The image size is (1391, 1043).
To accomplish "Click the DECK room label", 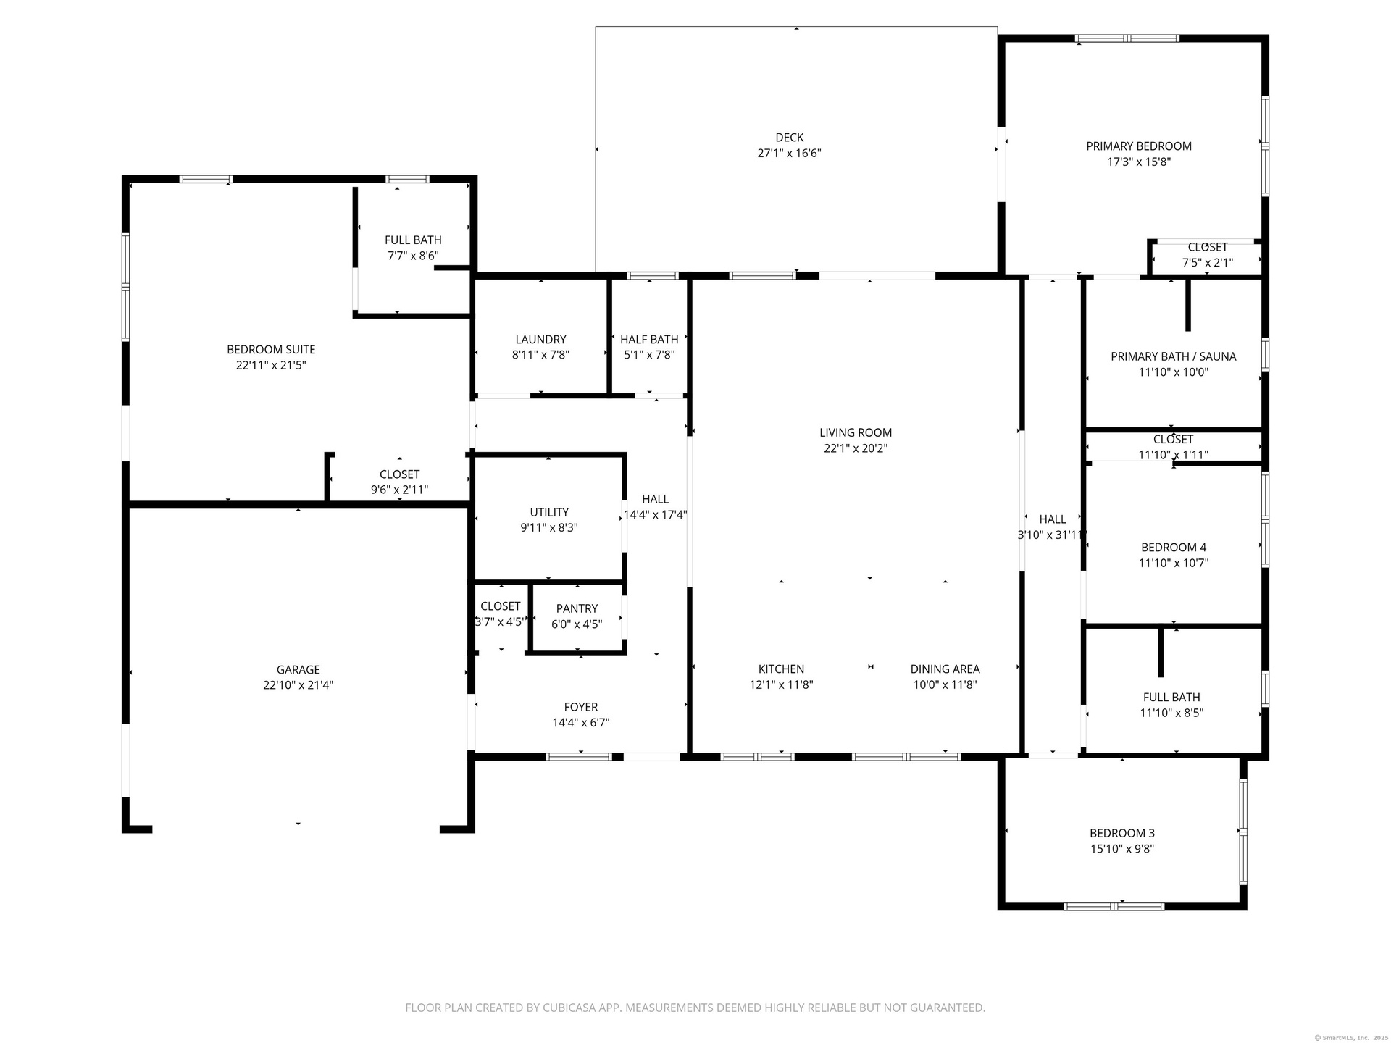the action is pyautogui.click(x=789, y=138).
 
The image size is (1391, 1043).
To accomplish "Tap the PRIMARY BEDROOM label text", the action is pyautogui.click(x=1139, y=146).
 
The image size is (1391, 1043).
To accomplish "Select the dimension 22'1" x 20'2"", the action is pyautogui.click(x=856, y=448).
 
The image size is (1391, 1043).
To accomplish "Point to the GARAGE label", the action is pyautogui.click(x=298, y=670).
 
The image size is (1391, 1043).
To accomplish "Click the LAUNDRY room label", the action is pyautogui.click(x=540, y=340).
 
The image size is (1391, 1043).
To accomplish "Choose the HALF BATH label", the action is pyautogui.click(x=649, y=340).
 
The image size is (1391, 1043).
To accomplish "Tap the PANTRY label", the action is pyautogui.click(x=577, y=609).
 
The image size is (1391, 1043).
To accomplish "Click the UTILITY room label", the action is pyautogui.click(x=549, y=512).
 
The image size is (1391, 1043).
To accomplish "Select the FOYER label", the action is pyautogui.click(x=581, y=707).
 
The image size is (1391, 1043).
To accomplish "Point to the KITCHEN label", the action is pyautogui.click(x=781, y=669).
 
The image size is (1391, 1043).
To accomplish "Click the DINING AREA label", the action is pyautogui.click(x=945, y=669).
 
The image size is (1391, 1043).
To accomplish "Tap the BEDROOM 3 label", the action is pyautogui.click(x=1122, y=834).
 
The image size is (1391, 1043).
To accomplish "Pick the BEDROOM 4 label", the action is pyautogui.click(x=1174, y=548).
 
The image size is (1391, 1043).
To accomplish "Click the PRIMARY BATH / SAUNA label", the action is pyautogui.click(x=1174, y=356).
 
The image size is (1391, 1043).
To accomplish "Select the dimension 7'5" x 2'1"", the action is pyautogui.click(x=1208, y=263).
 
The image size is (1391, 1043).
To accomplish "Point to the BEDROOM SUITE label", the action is pyautogui.click(x=271, y=350).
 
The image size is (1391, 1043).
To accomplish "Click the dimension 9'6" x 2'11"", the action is pyautogui.click(x=399, y=490).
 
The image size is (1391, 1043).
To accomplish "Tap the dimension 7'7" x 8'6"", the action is pyautogui.click(x=413, y=256).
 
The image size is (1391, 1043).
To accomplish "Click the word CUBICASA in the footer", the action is pyautogui.click(x=573, y=1008).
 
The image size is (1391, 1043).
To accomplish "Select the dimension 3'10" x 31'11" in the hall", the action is pyautogui.click(x=1053, y=535).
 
